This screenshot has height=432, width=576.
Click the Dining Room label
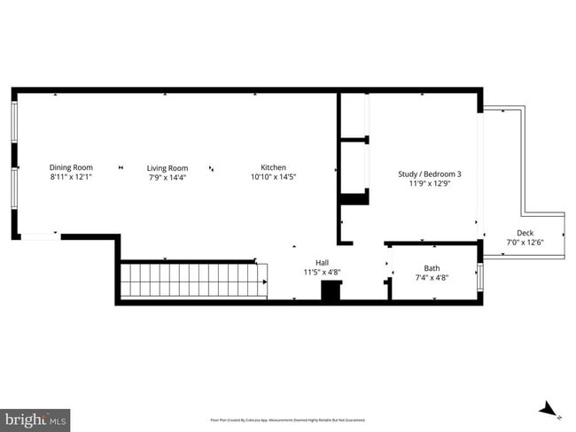[71, 167]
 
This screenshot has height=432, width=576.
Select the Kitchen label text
[273, 167]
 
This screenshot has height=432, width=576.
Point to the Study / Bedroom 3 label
[429, 174]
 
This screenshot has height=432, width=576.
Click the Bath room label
[432, 268]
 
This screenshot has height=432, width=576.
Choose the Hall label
[323, 262]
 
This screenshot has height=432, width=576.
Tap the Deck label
[525, 233]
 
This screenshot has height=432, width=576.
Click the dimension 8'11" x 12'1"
[71, 177]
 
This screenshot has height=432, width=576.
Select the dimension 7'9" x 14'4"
[167, 178]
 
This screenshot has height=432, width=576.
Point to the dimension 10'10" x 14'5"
[273, 177]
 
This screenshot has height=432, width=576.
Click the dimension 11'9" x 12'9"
[429, 184]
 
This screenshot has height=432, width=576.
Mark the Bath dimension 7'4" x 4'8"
[432, 278]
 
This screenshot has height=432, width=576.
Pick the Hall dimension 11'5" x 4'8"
[323, 272]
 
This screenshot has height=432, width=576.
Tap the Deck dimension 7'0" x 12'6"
[525, 243]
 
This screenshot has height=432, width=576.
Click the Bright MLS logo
[35, 418]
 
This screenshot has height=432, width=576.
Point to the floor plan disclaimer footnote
[287, 420]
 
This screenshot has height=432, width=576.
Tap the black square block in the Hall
[331, 291]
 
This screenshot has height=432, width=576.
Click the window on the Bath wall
[480, 277]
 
